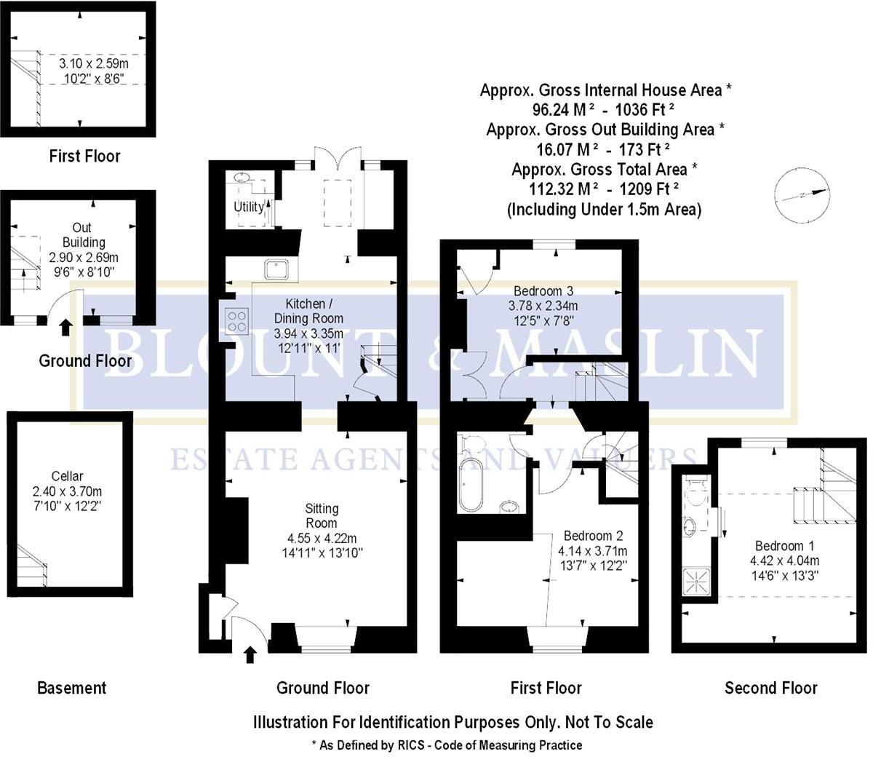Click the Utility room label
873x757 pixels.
pyautogui.click(x=249, y=207)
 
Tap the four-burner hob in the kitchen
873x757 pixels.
pyautogui.click(x=236, y=320)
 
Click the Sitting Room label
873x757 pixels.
pyautogui.click(x=322, y=515)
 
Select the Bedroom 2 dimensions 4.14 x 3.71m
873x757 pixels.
pyautogui.click(x=592, y=551)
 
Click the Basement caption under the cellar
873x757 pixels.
pyautogui.click(x=71, y=688)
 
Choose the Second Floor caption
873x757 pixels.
pyautogui.click(x=770, y=688)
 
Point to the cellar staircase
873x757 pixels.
pyautogui.click(x=33, y=565)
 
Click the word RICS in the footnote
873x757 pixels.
pyautogui.click(x=394, y=745)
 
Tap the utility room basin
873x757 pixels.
pyautogui.click(x=242, y=178)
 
